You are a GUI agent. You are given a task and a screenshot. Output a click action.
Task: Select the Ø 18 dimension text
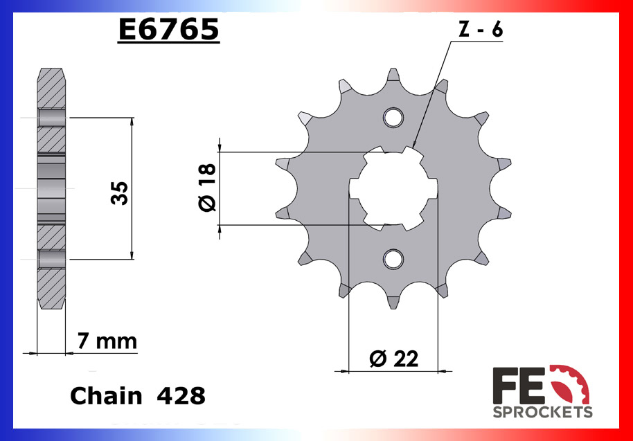click(x=207, y=188)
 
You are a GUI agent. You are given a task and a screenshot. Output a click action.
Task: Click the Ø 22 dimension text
click(x=394, y=359)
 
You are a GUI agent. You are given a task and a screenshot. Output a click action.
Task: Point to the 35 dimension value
click(x=118, y=193)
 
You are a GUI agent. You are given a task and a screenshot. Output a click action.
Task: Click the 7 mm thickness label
click(x=107, y=341)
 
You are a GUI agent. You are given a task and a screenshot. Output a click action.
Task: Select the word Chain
click(x=106, y=396)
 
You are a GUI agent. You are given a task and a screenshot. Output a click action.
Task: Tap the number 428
click(x=181, y=396)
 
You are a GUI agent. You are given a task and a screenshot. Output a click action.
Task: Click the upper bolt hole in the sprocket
click(x=394, y=117)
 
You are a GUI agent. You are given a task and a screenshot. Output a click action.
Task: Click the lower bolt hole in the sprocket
click(x=394, y=259)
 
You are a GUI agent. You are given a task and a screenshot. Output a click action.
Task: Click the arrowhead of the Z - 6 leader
click(x=416, y=143)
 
